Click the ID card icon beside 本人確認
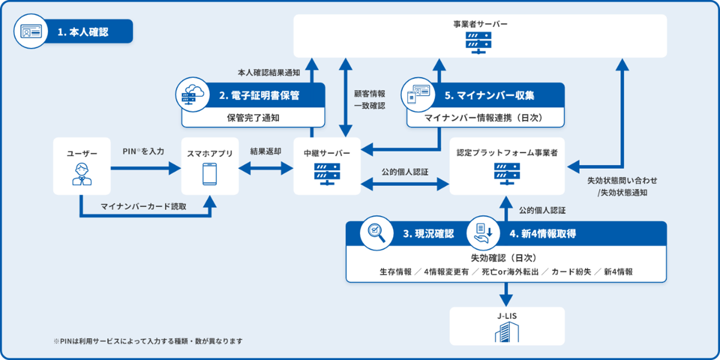point(31,31)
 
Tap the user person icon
point(82,174)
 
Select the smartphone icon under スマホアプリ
point(209,174)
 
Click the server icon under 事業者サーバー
point(478,43)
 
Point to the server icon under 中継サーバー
point(327,174)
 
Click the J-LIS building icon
point(507,332)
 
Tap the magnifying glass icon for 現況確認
point(377,233)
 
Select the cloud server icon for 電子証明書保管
point(193,94)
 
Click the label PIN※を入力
point(143,152)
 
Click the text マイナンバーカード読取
point(144,207)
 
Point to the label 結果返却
point(266,152)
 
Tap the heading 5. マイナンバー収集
point(489,96)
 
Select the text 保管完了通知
point(253,118)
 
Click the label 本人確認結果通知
point(269,73)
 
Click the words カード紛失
point(571,272)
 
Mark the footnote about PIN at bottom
point(148,341)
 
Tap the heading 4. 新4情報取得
point(543,234)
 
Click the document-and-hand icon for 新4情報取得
point(483,233)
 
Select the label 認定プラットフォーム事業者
point(507,153)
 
